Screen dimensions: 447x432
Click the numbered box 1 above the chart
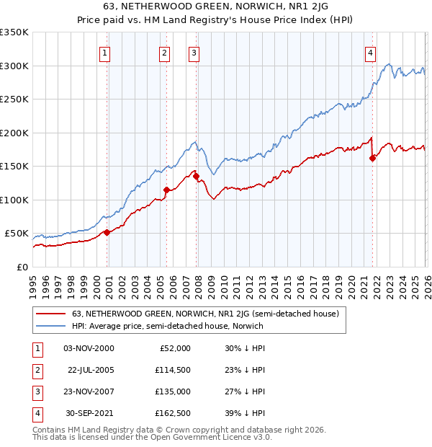click(x=105, y=52)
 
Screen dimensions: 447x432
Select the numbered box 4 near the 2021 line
click(x=370, y=52)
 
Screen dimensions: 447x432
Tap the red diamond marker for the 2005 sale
click(x=166, y=190)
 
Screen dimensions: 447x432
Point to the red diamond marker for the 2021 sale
click(x=372, y=159)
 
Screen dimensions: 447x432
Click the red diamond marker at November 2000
click(x=107, y=232)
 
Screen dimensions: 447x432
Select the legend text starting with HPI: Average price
click(x=168, y=326)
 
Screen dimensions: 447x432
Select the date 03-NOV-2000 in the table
click(x=88, y=348)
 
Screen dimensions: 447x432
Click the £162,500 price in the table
click(x=173, y=413)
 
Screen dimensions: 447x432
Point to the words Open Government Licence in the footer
click(x=197, y=437)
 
